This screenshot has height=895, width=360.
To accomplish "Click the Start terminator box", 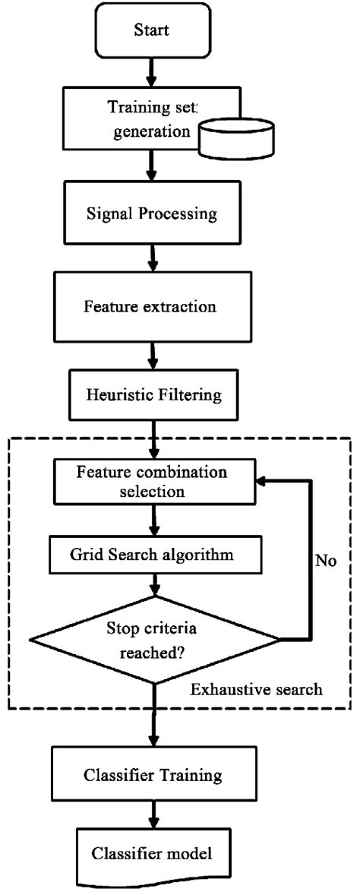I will pyautogui.click(x=153, y=31).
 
